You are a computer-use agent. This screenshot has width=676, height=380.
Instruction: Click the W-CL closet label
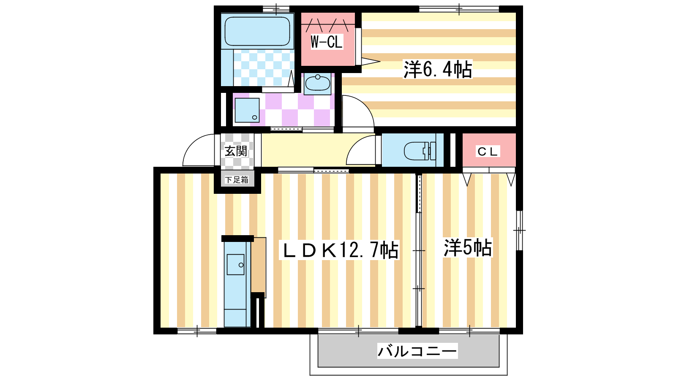coord(327,42)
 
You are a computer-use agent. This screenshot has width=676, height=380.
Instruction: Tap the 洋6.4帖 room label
coord(438,70)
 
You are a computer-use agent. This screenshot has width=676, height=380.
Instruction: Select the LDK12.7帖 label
coord(340,250)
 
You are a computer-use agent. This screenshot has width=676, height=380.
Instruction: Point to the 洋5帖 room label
coord(468,247)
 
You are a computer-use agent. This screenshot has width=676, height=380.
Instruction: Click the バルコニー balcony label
coord(417,351)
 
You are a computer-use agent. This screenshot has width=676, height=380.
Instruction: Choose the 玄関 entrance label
coord(236,151)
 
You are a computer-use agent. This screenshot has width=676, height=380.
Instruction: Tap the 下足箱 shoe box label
coord(237,180)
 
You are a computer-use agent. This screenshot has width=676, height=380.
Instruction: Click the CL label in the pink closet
coord(488,152)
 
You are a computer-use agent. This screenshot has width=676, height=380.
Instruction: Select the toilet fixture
coord(420,150)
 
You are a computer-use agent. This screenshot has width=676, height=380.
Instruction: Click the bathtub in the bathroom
coord(257,31)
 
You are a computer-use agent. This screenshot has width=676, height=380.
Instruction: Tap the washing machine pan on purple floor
coord(247,110)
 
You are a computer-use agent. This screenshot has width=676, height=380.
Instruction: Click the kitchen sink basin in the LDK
coord(235,264)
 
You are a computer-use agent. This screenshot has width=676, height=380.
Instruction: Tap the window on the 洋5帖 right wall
coord(519,231)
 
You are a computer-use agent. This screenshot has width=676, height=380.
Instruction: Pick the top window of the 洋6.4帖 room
coord(459,9)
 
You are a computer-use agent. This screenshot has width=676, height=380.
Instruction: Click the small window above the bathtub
coord(276,9)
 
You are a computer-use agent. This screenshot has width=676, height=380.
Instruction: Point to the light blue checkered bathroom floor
coord(264,68)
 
